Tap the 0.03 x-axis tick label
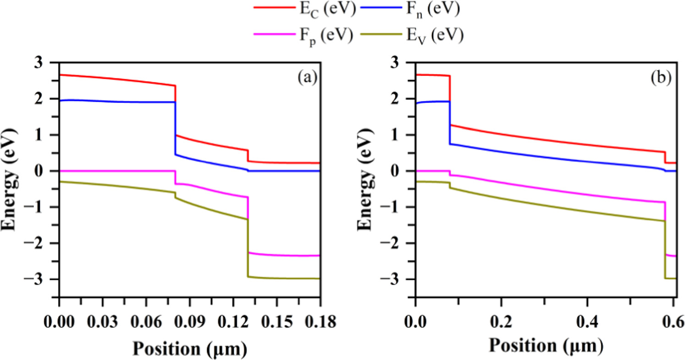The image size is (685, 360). [x=102, y=319]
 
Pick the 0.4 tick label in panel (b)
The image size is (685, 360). [x=587, y=319]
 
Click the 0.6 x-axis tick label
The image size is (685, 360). [x=673, y=319]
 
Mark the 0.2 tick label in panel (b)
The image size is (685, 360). [x=501, y=319]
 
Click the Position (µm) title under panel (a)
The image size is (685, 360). [x=190, y=348]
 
